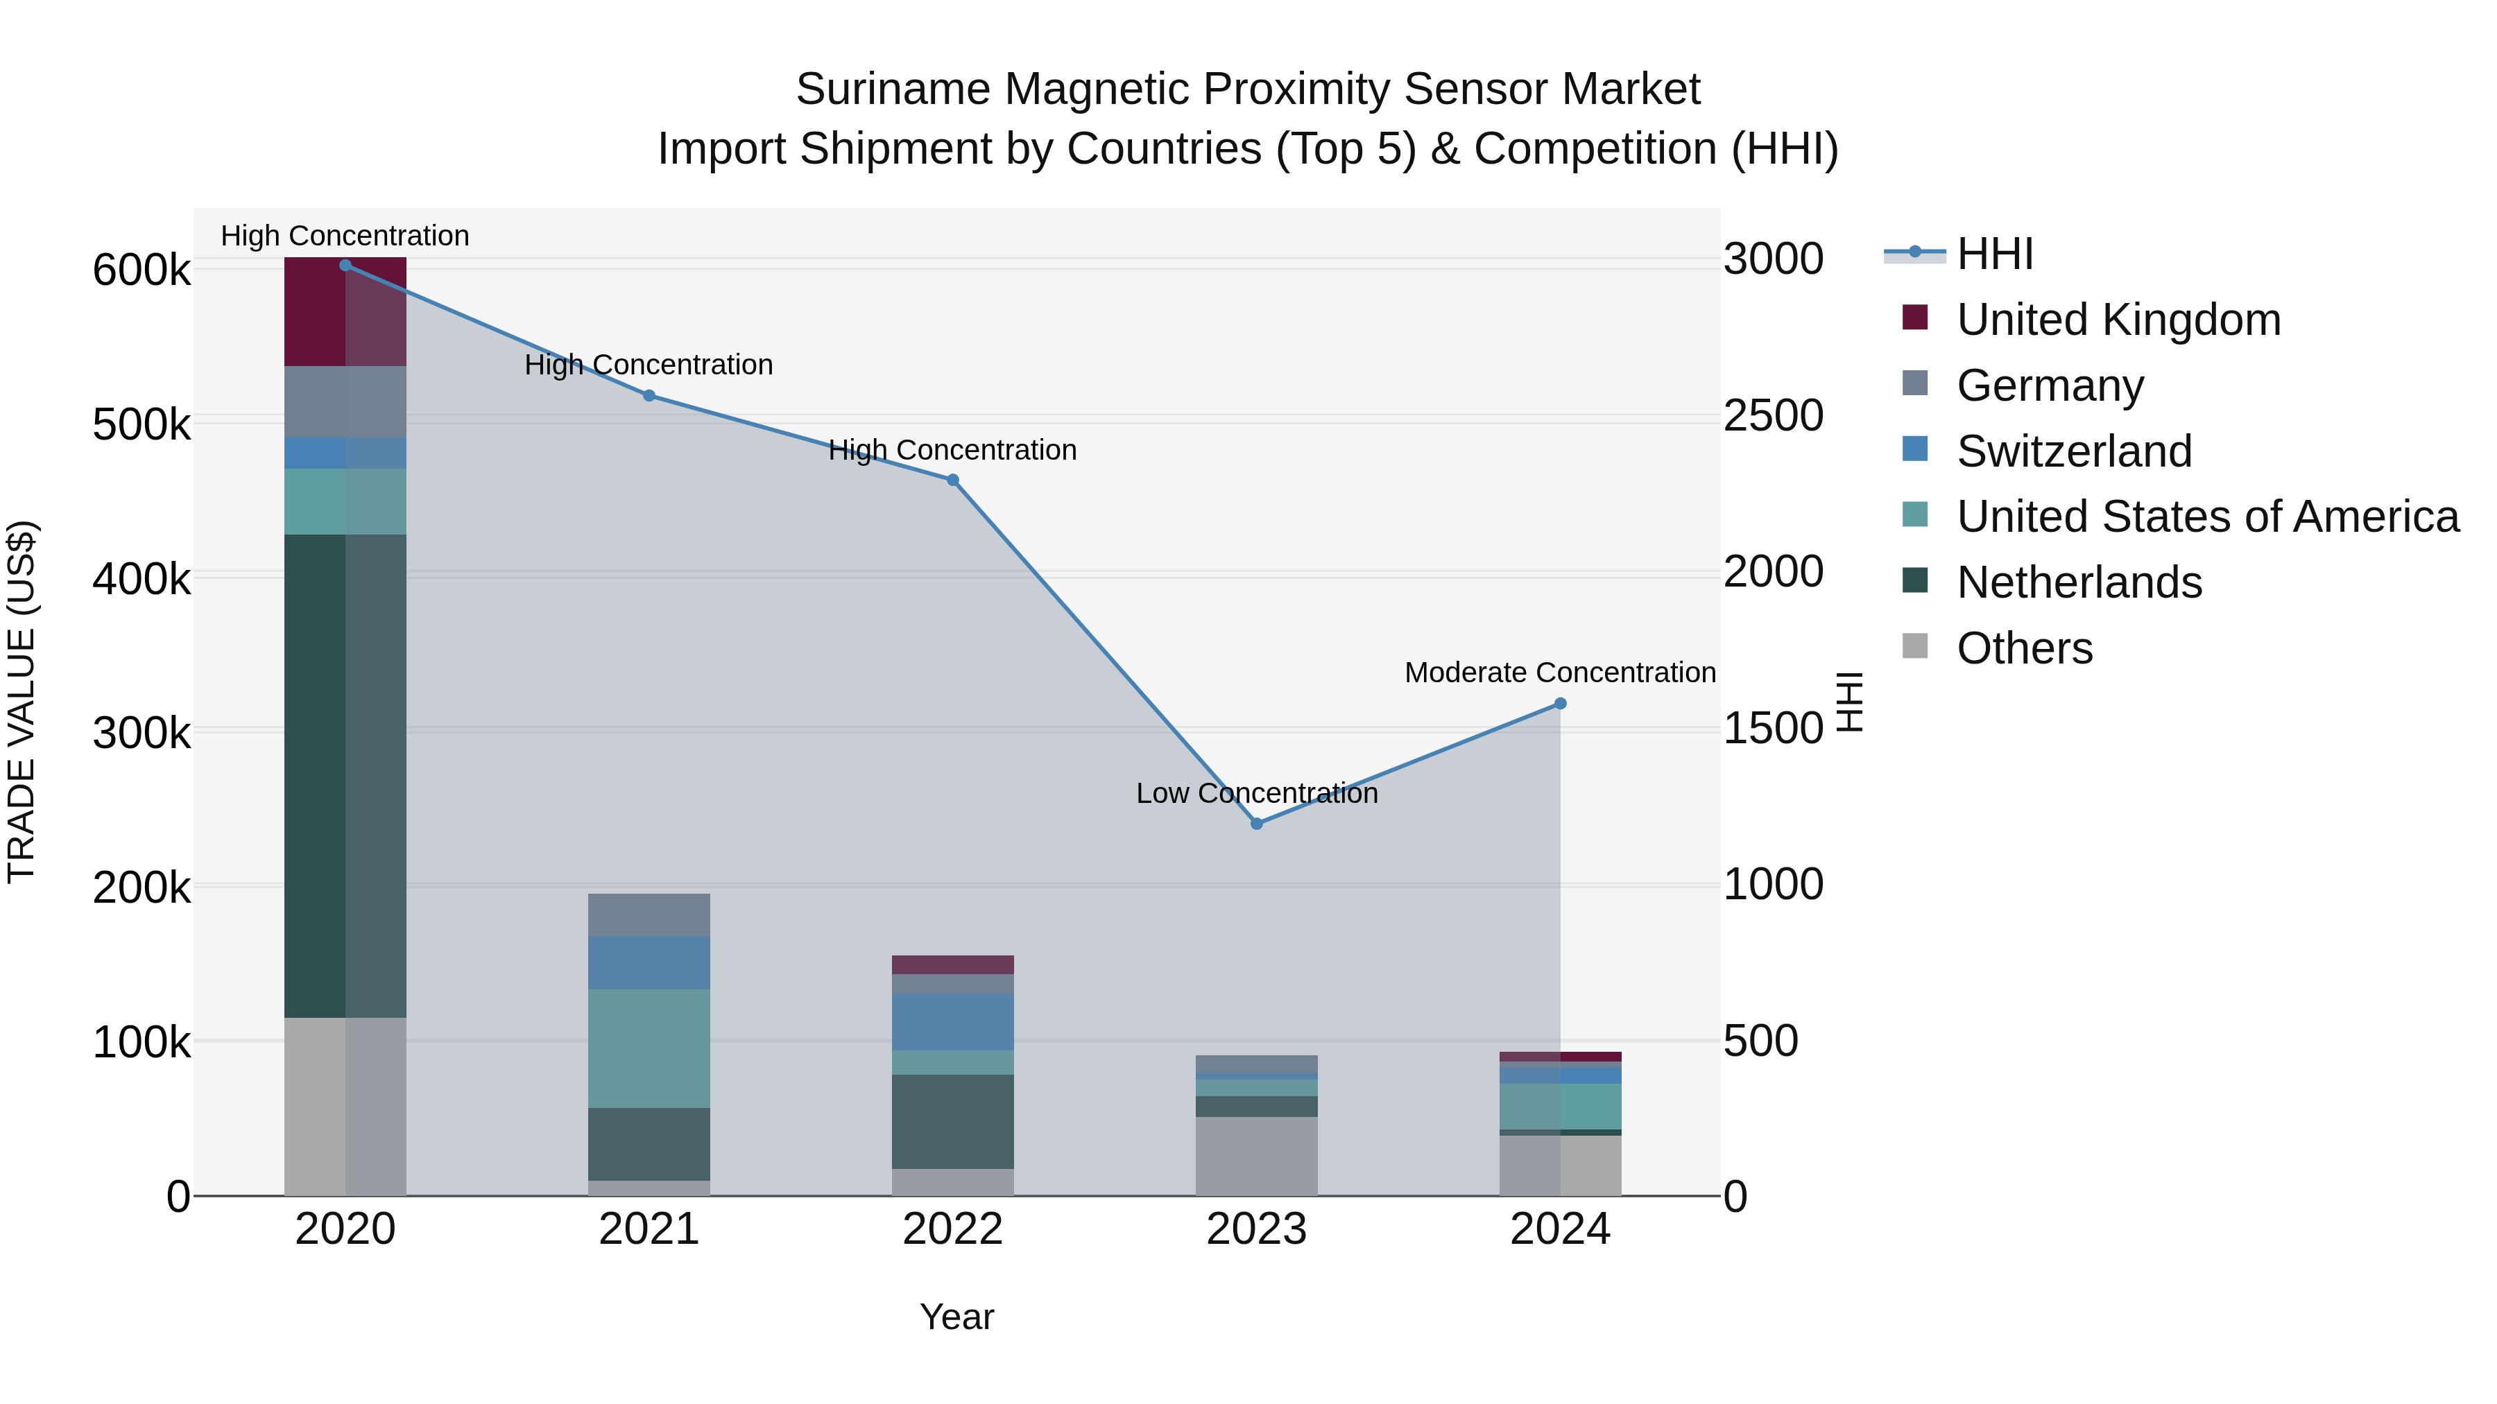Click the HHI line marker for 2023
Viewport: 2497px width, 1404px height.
[1256, 824]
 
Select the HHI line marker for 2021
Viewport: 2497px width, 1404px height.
[649, 395]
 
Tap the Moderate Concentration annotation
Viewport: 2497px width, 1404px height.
[1560, 673]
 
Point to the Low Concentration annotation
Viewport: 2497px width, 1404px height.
[1256, 794]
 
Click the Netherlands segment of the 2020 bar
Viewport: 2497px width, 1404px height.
[345, 775]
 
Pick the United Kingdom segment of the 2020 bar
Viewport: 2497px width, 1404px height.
[345, 312]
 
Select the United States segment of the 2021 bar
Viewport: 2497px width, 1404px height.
[649, 1048]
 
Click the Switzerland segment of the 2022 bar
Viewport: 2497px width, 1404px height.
[953, 1022]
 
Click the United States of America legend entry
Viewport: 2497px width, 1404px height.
[2207, 517]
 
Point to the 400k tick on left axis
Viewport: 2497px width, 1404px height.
[141, 580]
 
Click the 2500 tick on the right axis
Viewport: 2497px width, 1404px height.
[1773, 416]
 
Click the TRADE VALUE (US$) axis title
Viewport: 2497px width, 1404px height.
[22, 702]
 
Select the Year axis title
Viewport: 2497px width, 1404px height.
[956, 1317]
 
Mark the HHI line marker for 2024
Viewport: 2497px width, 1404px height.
[1560, 704]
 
